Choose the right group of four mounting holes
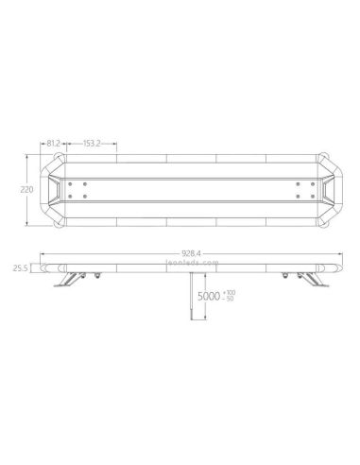pyautogui.click(x=300, y=189)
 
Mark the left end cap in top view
pyautogui.click(x=58, y=189)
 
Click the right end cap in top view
pyautogui.click(x=322, y=189)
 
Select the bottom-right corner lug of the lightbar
pyautogui.click(x=325, y=221)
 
